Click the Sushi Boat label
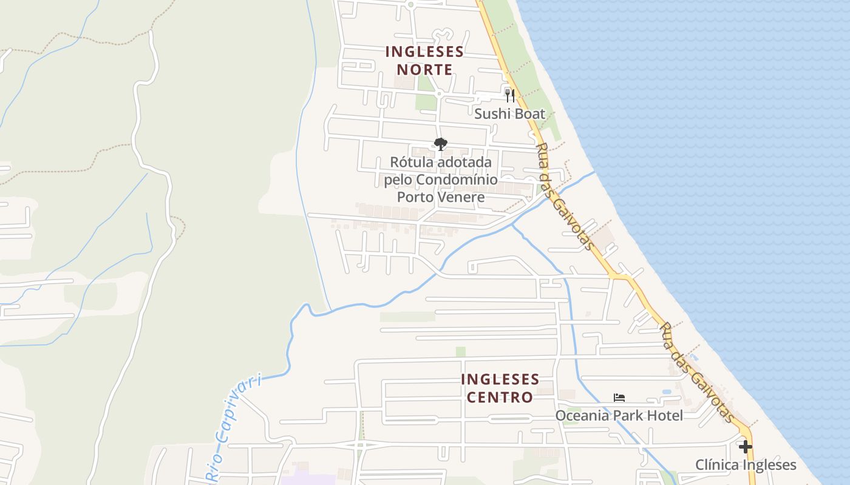pos(509,114)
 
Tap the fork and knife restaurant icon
pos(510,95)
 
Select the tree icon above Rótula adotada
pos(441,144)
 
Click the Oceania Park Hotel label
pos(619,415)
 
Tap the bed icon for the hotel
pos(619,398)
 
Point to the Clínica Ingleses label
pos(745,465)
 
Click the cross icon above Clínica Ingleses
pos(746,447)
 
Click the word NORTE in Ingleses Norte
pos(424,70)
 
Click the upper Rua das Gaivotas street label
pos(564,196)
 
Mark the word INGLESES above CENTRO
pos(500,380)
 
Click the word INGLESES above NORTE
pos(424,52)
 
